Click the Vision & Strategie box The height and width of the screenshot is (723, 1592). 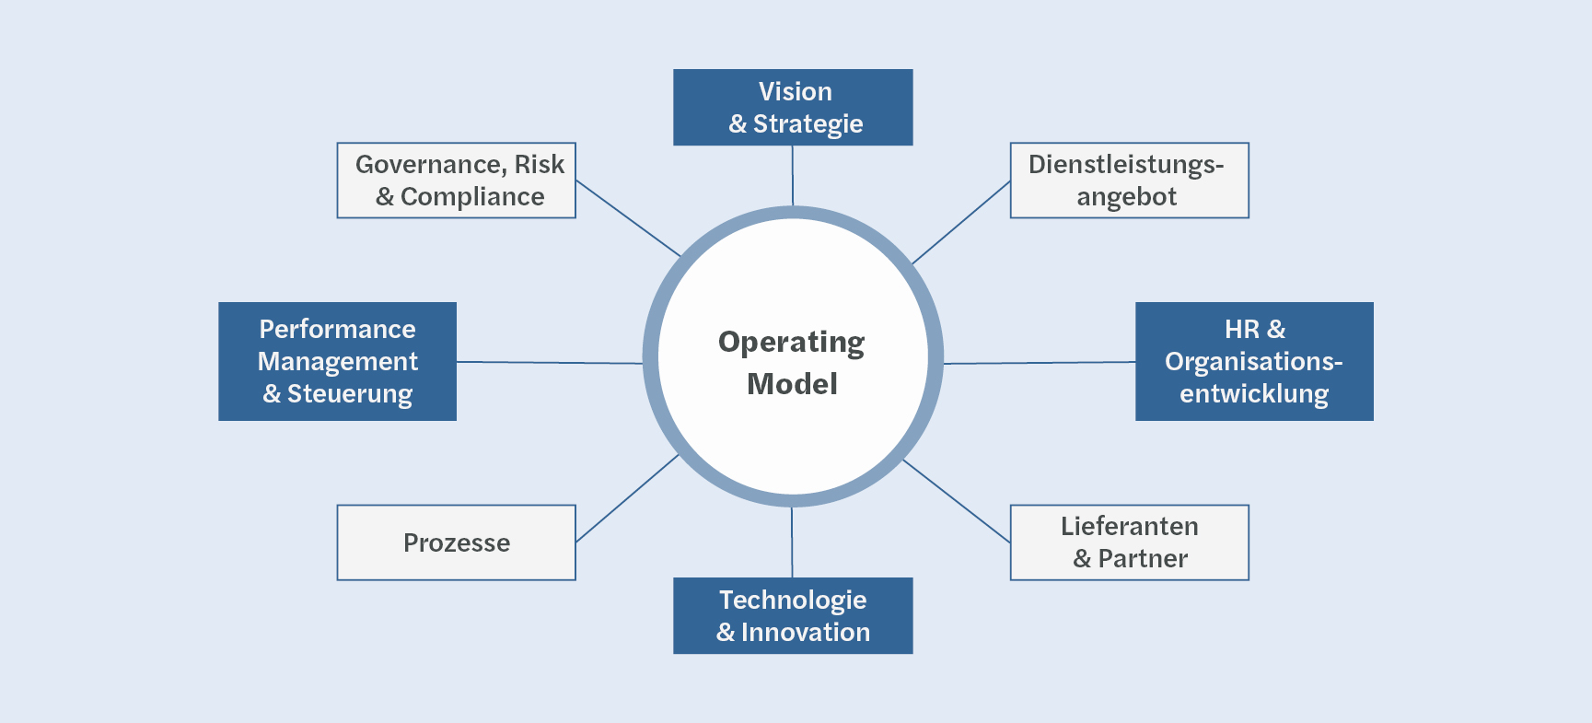tap(793, 107)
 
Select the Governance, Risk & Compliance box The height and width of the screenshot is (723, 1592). tap(456, 180)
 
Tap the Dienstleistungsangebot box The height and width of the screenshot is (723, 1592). tap(1129, 180)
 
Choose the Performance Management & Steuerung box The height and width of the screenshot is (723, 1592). tap(337, 361)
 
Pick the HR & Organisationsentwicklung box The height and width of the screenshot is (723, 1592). tap(1254, 361)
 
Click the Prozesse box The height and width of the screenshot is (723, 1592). tap(456, 542)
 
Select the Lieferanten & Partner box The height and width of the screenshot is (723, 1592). tap(1129, 542)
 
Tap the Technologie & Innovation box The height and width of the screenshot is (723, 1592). tap(793, 615)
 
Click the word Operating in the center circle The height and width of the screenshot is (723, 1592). tap(791, 343)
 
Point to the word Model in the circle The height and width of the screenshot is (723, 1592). tap(792, 384)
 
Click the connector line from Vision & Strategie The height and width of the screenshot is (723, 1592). tap(793, 175)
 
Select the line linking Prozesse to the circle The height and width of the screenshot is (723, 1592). tap(627, 498)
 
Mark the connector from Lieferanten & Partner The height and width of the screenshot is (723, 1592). tap(957, 501)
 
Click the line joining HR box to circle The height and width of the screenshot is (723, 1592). tap(1039, 363)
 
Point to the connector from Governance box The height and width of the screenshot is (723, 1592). tap(628, 218)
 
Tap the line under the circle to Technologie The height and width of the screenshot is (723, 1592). tap(792, 542)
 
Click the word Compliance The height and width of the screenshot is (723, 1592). tap(472, 197)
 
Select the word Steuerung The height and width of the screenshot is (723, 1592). tap(350, 394)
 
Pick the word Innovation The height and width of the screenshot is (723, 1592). tap(805, 633)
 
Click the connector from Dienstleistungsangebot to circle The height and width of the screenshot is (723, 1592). tap(960, 222)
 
